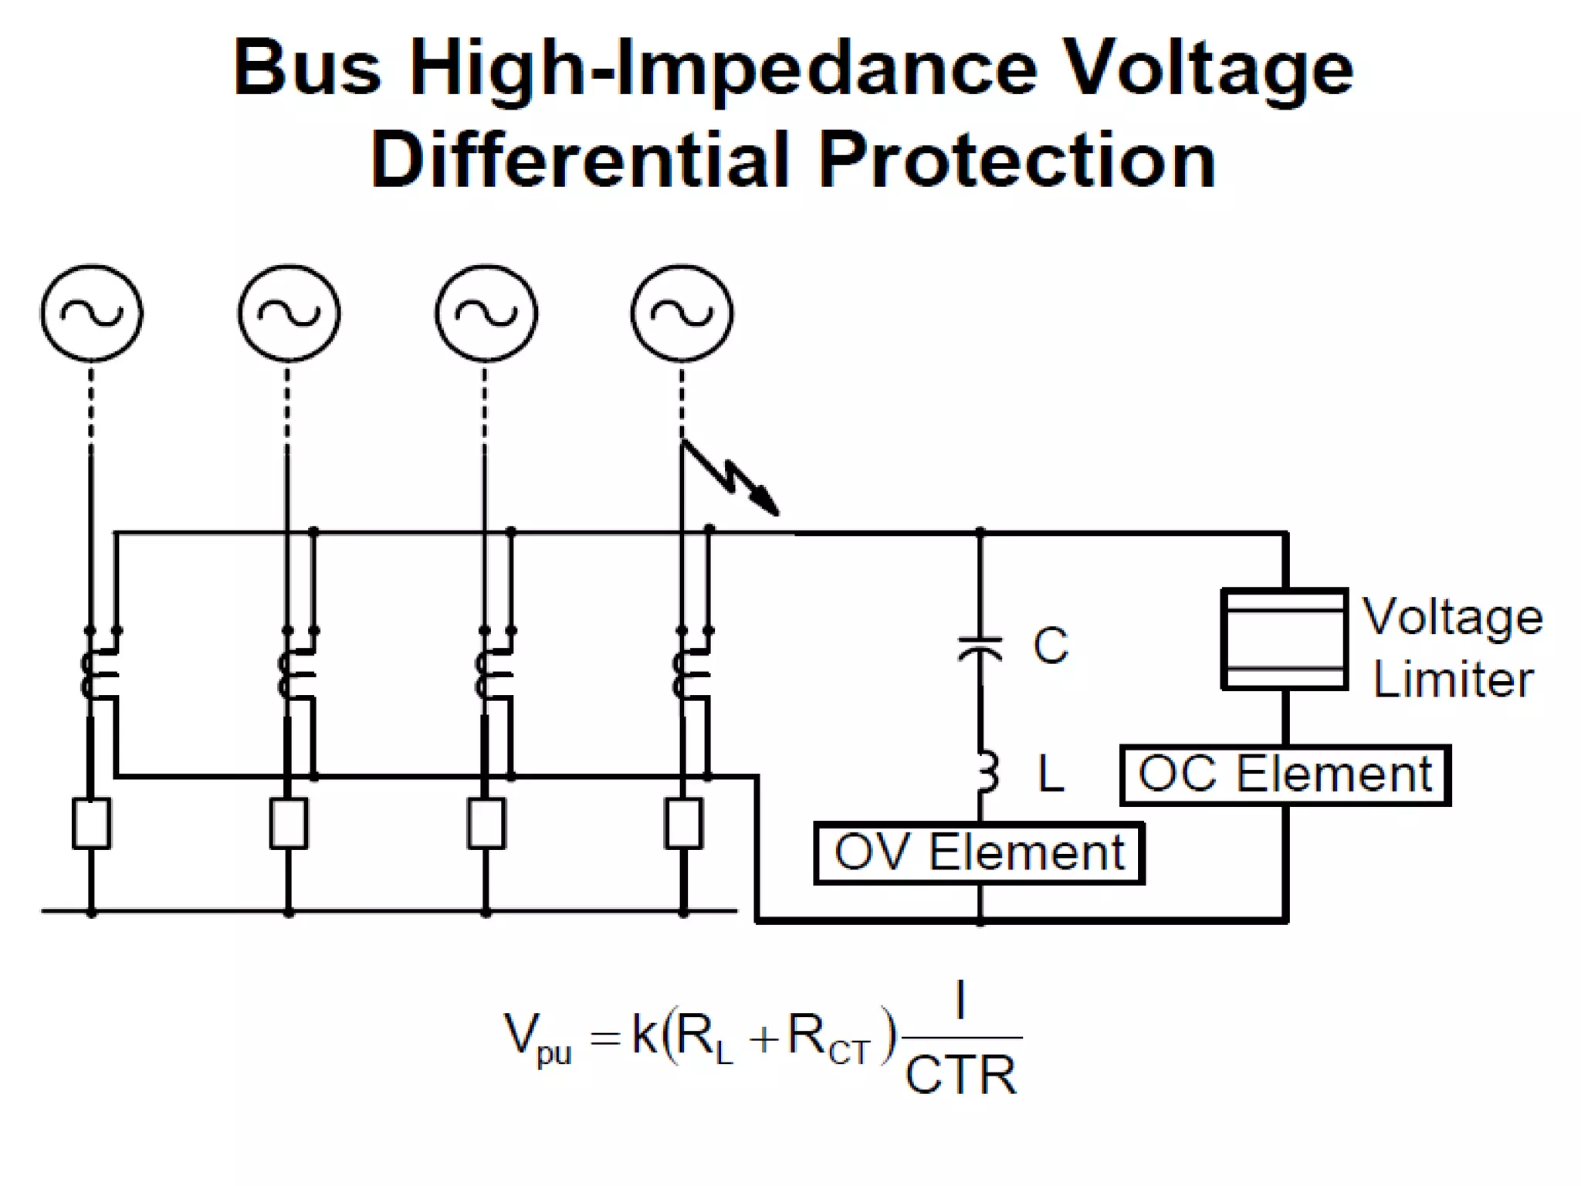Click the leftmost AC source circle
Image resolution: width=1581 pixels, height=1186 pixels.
91,313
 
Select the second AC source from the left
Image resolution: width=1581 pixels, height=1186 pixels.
289,313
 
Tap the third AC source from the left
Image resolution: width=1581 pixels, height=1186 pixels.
486,313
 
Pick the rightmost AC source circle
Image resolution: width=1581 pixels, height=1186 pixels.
682,313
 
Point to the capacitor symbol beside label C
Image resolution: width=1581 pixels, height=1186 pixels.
980,649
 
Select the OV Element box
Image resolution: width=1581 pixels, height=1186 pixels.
979,853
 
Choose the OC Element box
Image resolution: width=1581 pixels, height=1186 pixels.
1285,775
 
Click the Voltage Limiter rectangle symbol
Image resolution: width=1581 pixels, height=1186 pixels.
1285,639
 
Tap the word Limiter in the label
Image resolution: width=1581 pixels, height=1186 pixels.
1453,680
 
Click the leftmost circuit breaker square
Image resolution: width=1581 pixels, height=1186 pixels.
91,824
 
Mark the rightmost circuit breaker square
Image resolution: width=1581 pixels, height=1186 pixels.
683,824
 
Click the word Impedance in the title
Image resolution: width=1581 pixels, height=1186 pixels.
826,69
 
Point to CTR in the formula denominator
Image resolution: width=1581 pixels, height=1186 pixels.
960,1075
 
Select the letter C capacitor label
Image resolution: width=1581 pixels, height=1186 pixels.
1051,645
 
